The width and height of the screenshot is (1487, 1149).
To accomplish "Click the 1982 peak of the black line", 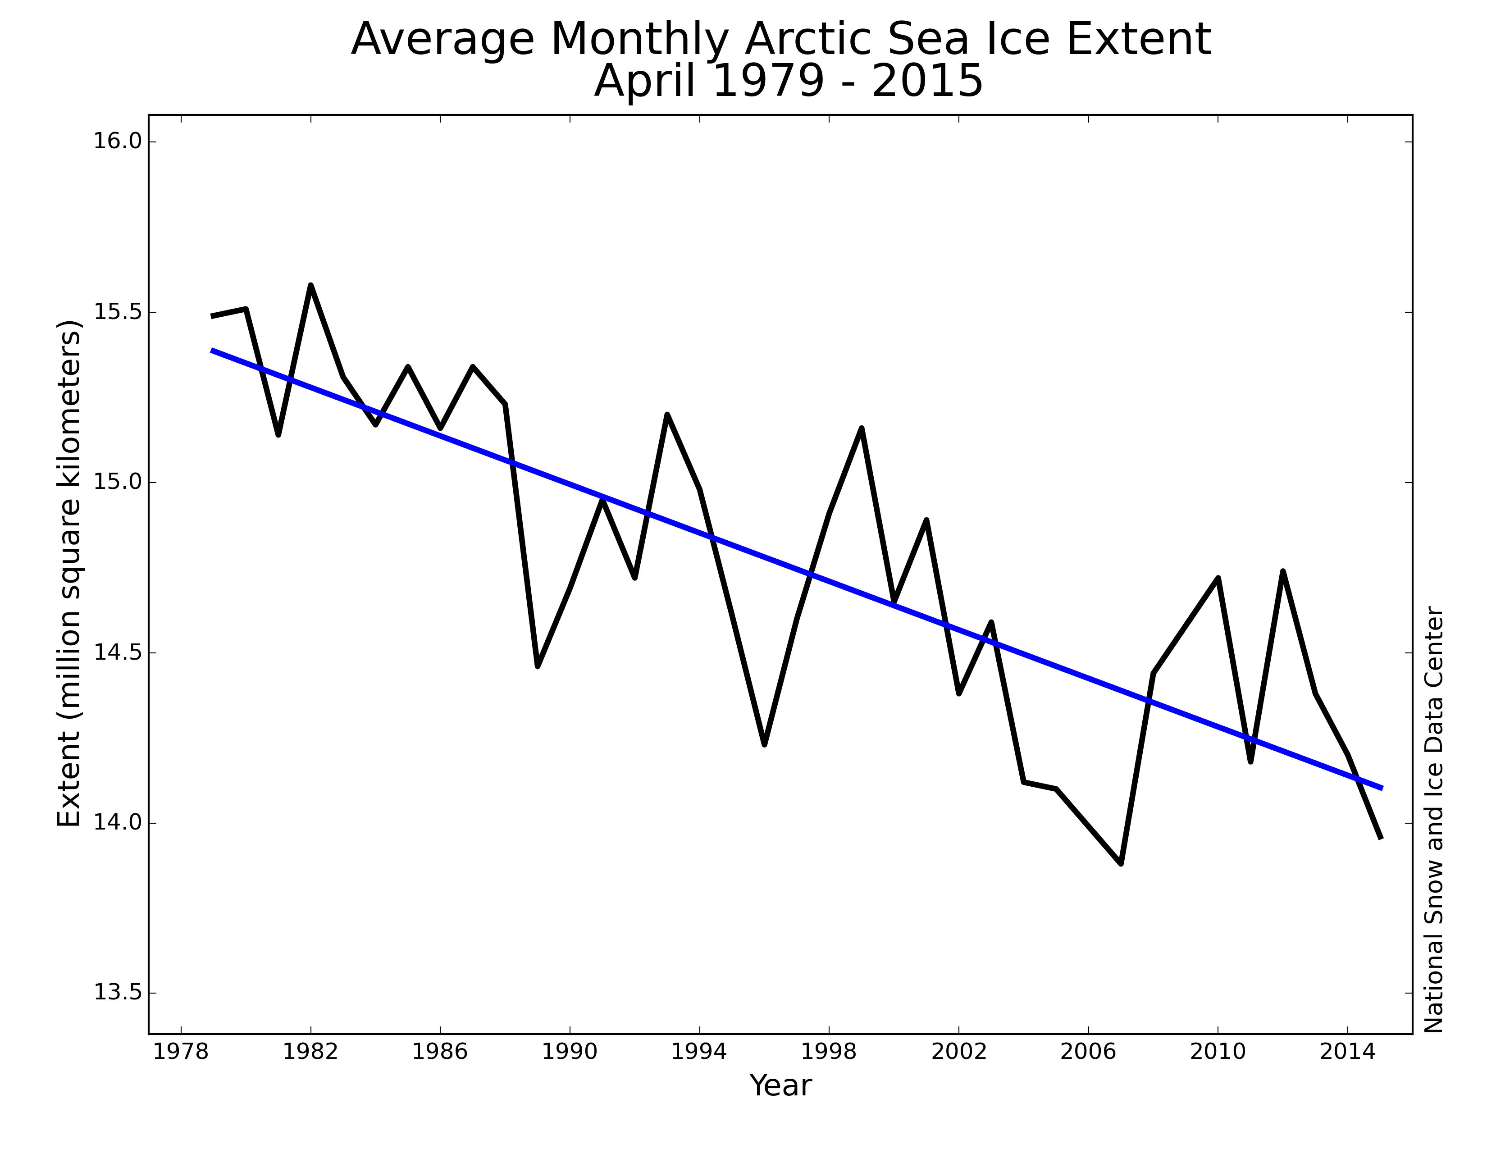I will pos(310,286).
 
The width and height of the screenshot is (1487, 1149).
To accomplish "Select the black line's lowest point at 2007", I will pos(1121,863).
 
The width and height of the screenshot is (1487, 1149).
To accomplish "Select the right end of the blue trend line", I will pos(1381,788).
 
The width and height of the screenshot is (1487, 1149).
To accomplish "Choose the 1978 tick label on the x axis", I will pos(180,1052).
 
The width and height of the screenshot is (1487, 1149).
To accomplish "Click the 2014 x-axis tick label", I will pos(1347,1052).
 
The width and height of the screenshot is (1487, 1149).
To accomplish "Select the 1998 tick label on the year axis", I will pos(829,1052).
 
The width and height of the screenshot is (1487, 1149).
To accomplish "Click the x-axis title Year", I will pos(780,1086).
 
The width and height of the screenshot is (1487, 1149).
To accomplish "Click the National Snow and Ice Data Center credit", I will pos(1434,820).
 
